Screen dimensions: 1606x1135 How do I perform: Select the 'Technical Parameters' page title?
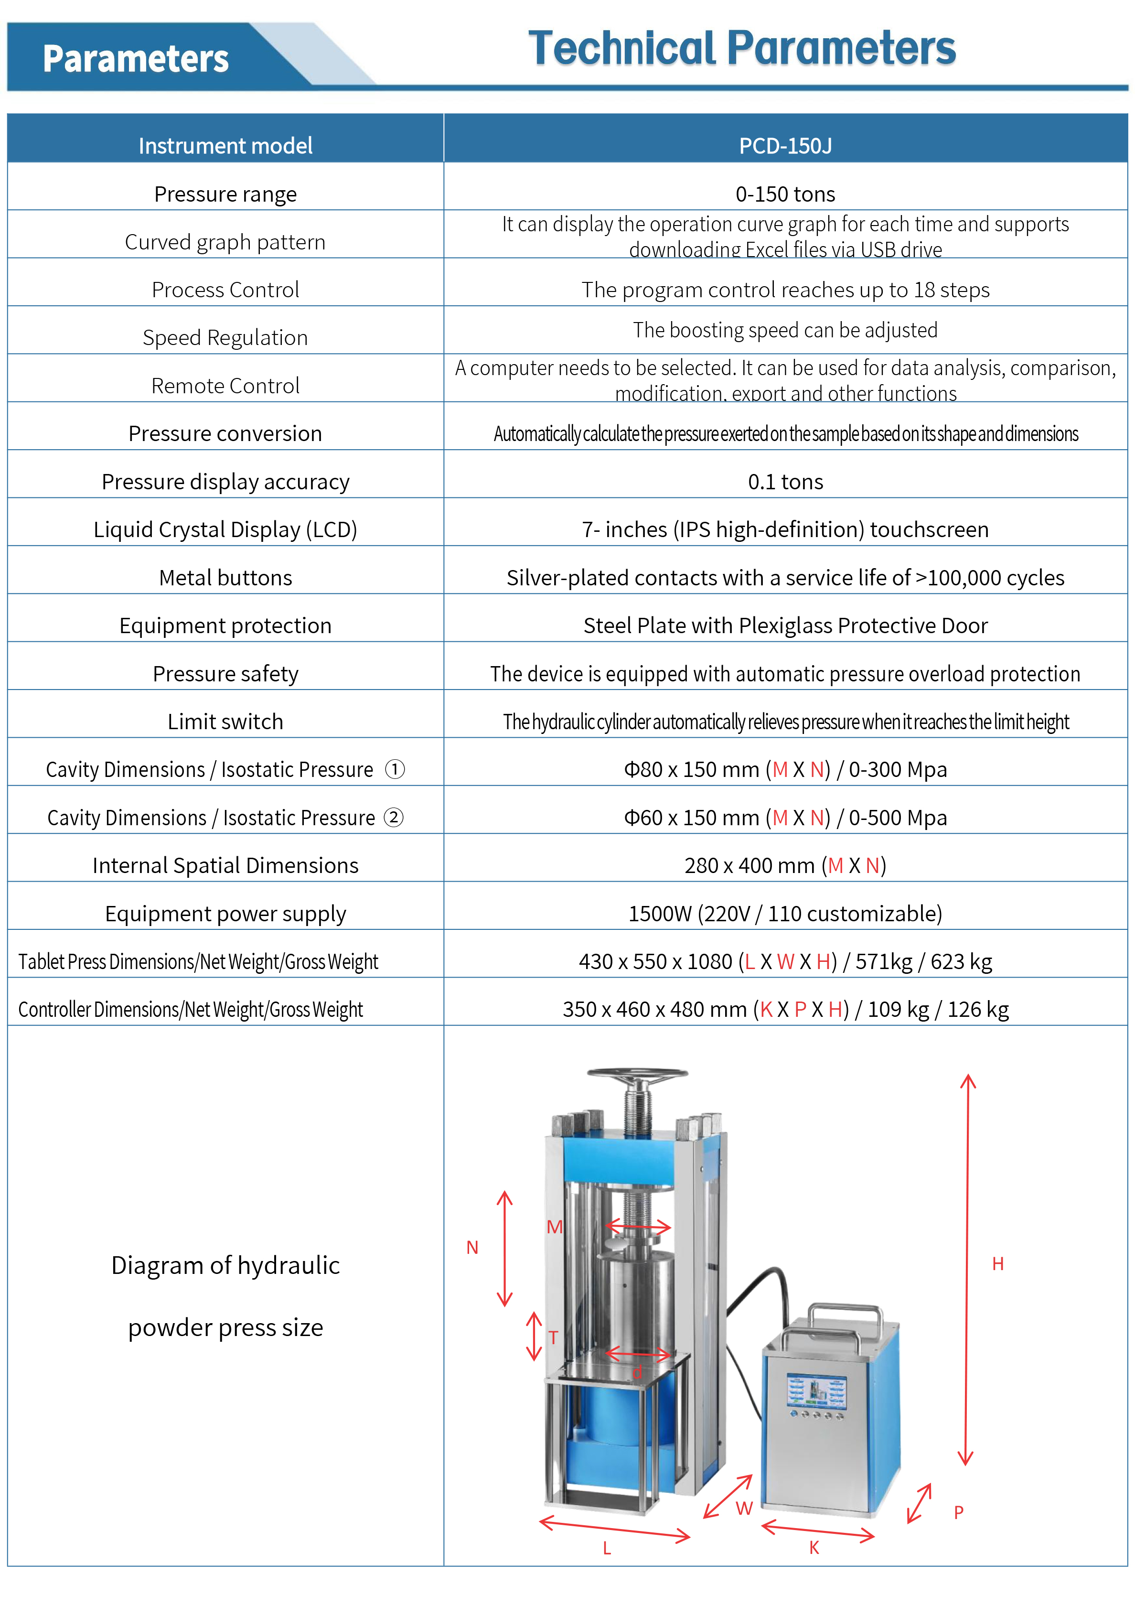click(741, 48)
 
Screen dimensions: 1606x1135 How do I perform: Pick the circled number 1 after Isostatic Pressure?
click(395, 769)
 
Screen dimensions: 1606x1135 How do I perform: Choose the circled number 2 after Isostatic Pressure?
click(394, 817)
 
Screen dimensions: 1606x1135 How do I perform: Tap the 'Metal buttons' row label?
click(225, 577)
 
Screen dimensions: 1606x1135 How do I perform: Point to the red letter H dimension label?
click(997, 1263)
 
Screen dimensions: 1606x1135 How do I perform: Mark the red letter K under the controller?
click(814, 1547)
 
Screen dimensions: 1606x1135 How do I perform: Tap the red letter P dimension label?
click(958, 1511)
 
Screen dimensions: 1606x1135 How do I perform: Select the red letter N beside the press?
click(472, 1247)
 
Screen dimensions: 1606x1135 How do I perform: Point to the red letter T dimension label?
click(553, 1337)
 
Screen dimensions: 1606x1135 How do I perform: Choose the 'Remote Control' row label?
click(225, 386)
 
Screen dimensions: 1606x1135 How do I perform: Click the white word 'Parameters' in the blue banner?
click(136, 59)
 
